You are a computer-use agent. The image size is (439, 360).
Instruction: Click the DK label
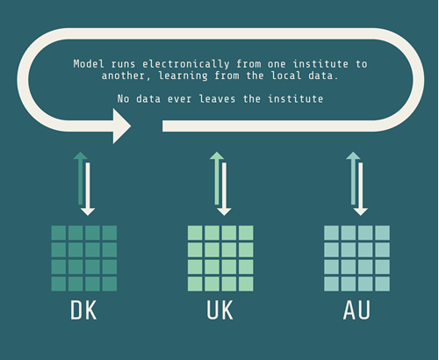pos(83,310)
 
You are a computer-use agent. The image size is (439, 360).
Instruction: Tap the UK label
pos(219,310)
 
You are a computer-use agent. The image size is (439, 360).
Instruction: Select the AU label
pos(356,310)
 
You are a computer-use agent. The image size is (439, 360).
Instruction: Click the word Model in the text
pos(89,64)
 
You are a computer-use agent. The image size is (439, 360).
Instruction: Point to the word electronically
pos(186,64)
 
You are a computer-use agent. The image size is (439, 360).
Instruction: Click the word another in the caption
pos(123,76)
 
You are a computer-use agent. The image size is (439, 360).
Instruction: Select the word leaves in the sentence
pos(217,98)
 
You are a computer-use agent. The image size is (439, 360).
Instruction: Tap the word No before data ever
pos(123,98)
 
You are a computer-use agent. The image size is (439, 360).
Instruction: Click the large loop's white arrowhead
pos(122,126)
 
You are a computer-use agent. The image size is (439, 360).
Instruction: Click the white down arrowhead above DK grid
pos(88,212)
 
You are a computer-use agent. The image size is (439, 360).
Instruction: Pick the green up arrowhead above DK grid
pos(80,155)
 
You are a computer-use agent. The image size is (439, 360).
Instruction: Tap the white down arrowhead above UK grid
pos(224,212)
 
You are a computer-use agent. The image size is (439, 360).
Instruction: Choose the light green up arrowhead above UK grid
pos(217,155)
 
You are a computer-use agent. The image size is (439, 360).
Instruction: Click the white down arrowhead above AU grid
pos(361,212)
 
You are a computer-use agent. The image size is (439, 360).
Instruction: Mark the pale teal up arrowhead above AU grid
pos(353,155)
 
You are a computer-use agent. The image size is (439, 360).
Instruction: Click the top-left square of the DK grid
pos(59,233)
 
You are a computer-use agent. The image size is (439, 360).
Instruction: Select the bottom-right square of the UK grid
pos(246,284)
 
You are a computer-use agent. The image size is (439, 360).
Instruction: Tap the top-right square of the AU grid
pos(382,233)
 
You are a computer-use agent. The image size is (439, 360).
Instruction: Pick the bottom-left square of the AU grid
pos(331,284)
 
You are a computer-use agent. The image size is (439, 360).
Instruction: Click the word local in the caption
pos(286,76)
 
